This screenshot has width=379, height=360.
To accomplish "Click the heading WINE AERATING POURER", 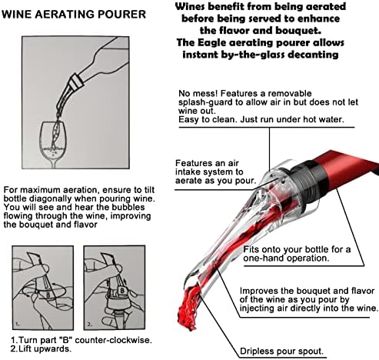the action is (x=74, y=15).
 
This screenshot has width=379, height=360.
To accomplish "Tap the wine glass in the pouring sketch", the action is (x=52, y=145).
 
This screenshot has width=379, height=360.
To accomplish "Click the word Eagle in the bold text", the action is (x=209, y=43).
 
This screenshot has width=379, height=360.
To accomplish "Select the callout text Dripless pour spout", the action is (x=281, y=351).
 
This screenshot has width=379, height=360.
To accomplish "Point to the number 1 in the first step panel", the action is (x=17, y=324).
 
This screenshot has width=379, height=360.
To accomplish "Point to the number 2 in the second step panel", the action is (x=88, y=324).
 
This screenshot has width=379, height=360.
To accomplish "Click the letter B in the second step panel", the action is (x=122, y=291).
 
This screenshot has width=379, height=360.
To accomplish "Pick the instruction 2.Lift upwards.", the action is (x=41, y=348).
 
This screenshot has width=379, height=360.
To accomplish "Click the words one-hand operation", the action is (x=286, y=258).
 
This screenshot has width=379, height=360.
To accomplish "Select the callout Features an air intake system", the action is (x=215, y=172).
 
